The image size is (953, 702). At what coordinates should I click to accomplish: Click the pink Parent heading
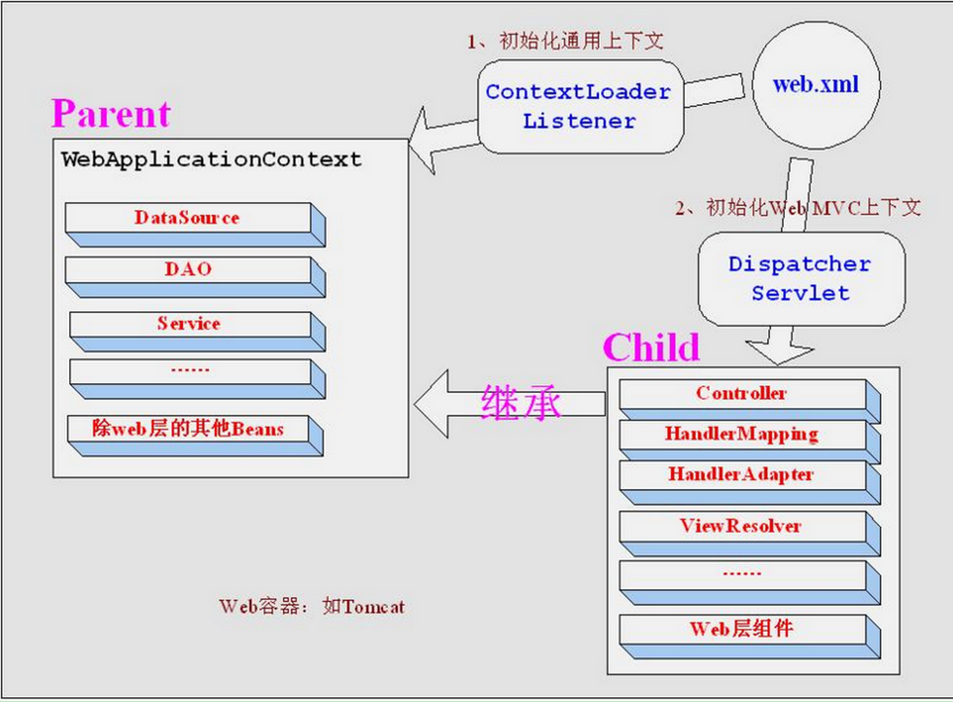[x=111, y=114]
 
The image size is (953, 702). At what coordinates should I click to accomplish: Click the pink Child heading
[x=651, y=347]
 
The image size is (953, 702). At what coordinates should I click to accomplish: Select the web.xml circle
[x=815, y=85]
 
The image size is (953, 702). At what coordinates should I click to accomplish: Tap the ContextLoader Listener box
[x=578, y=106]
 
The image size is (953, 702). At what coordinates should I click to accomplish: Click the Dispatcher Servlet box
[x=800, y=278]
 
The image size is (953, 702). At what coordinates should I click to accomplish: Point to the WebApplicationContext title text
[x=211, y=159]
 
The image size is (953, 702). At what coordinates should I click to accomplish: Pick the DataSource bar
[x=188, y=219]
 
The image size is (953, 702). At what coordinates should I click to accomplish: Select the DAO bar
[x=188, y=270]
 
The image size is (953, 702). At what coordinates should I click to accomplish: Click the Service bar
[x=188, y=325]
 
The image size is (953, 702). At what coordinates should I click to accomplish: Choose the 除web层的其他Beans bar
[x=188, y=429]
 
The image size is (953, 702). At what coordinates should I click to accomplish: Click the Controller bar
[x=742, y=395]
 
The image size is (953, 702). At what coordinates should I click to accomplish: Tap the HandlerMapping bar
[x=742, y=435]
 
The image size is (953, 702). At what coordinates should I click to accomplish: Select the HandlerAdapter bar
[x=742, y=475]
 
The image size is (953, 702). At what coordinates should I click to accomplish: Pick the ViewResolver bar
[x=742, y=526]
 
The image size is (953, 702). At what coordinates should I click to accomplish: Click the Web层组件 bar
[x=742, y=629]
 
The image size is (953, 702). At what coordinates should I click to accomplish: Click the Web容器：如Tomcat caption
[x=311, y=607]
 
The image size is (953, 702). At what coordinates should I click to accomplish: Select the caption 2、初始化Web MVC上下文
[x=797, y=208]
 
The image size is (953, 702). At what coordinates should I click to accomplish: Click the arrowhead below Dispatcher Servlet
[x=771, y=348]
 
